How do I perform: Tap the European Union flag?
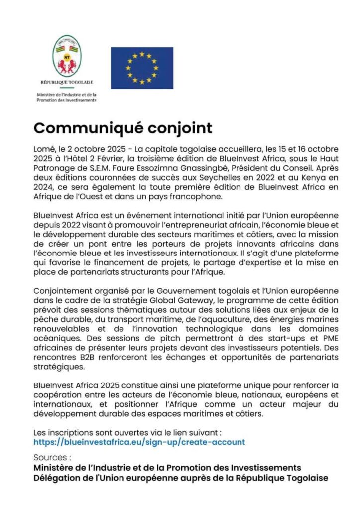click(142, 65)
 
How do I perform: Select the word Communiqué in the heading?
click(89, 128)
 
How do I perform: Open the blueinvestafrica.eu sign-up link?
click(139, 442)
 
